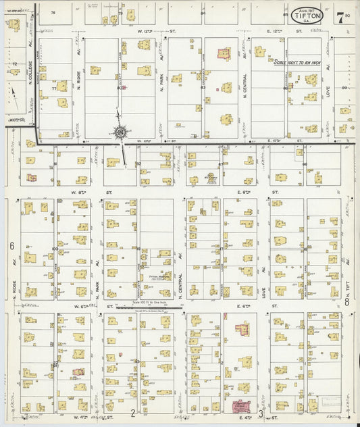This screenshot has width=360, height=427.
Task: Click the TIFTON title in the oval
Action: pos(307,15)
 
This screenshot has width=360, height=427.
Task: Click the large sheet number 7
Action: pos(340,16)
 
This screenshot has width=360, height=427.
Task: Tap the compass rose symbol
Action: pos(120,132)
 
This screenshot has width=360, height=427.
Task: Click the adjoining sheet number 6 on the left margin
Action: pos(11,246)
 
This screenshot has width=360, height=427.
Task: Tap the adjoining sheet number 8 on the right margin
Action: pos(346,303)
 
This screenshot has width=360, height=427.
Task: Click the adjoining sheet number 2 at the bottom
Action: pos(134,412)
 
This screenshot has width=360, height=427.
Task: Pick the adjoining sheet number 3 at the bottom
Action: pos(260,412)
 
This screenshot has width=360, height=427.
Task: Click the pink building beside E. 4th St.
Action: pos(239,407)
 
